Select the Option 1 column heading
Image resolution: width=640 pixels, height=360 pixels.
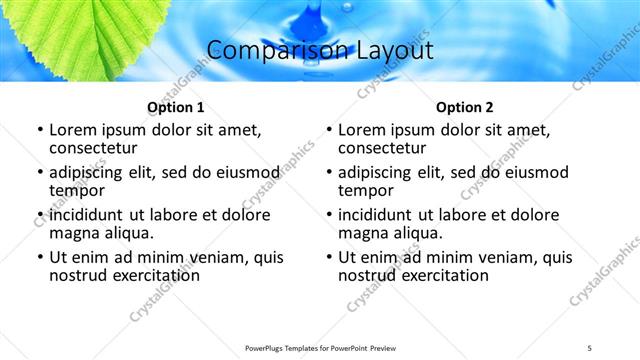(x=175, y=107)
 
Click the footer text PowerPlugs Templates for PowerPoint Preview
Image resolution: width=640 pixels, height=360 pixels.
(x=319, y=346)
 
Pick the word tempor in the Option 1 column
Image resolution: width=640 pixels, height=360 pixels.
(x=77, y=190)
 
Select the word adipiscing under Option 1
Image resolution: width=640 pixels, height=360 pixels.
(x=91, y=172)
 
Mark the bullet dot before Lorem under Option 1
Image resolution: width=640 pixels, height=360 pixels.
(x=39, y=130)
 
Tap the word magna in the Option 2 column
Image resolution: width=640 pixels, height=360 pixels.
(x=362, y=233)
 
